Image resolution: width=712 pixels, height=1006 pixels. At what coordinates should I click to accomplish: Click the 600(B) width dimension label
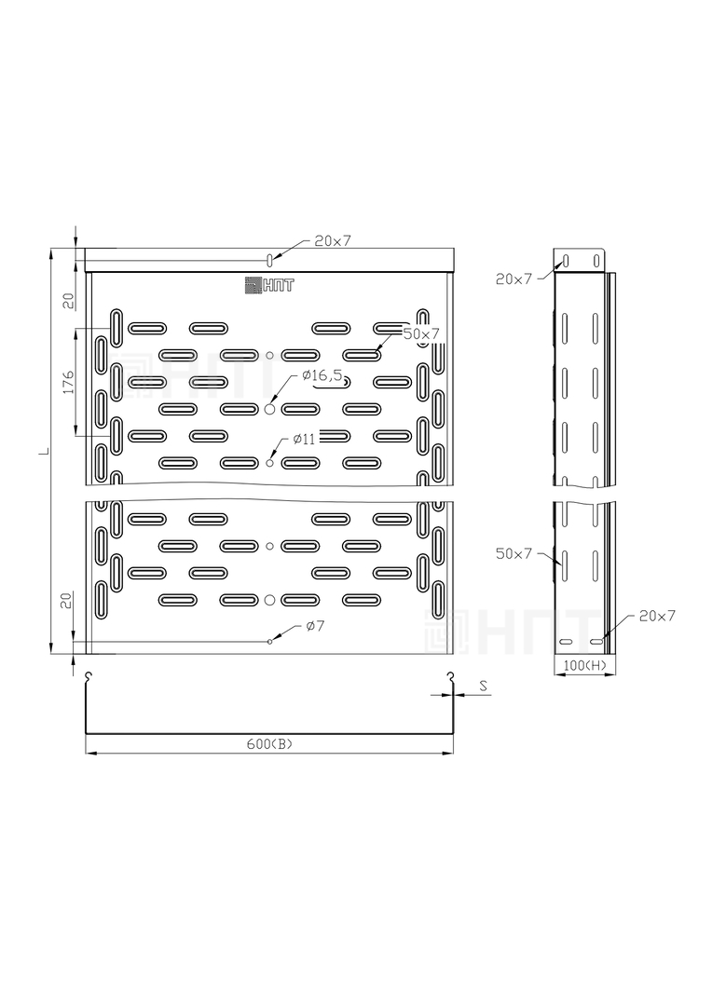point(269,744)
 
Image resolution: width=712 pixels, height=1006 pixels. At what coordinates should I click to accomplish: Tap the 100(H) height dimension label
point(585,666)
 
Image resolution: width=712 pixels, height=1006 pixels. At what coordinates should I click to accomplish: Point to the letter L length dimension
point(44,452)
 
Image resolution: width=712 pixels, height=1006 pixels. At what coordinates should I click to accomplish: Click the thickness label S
point(484,686)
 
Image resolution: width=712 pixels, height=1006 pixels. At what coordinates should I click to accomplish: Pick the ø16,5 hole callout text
point(321,375)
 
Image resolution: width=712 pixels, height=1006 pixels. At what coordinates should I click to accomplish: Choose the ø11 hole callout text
point(305,440)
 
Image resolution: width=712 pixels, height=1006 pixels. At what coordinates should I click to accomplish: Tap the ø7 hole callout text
point(315,626)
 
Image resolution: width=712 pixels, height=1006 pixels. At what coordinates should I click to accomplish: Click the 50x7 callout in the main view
point(421,333)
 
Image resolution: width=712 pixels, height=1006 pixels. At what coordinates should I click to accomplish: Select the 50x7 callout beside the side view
point(513,553)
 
